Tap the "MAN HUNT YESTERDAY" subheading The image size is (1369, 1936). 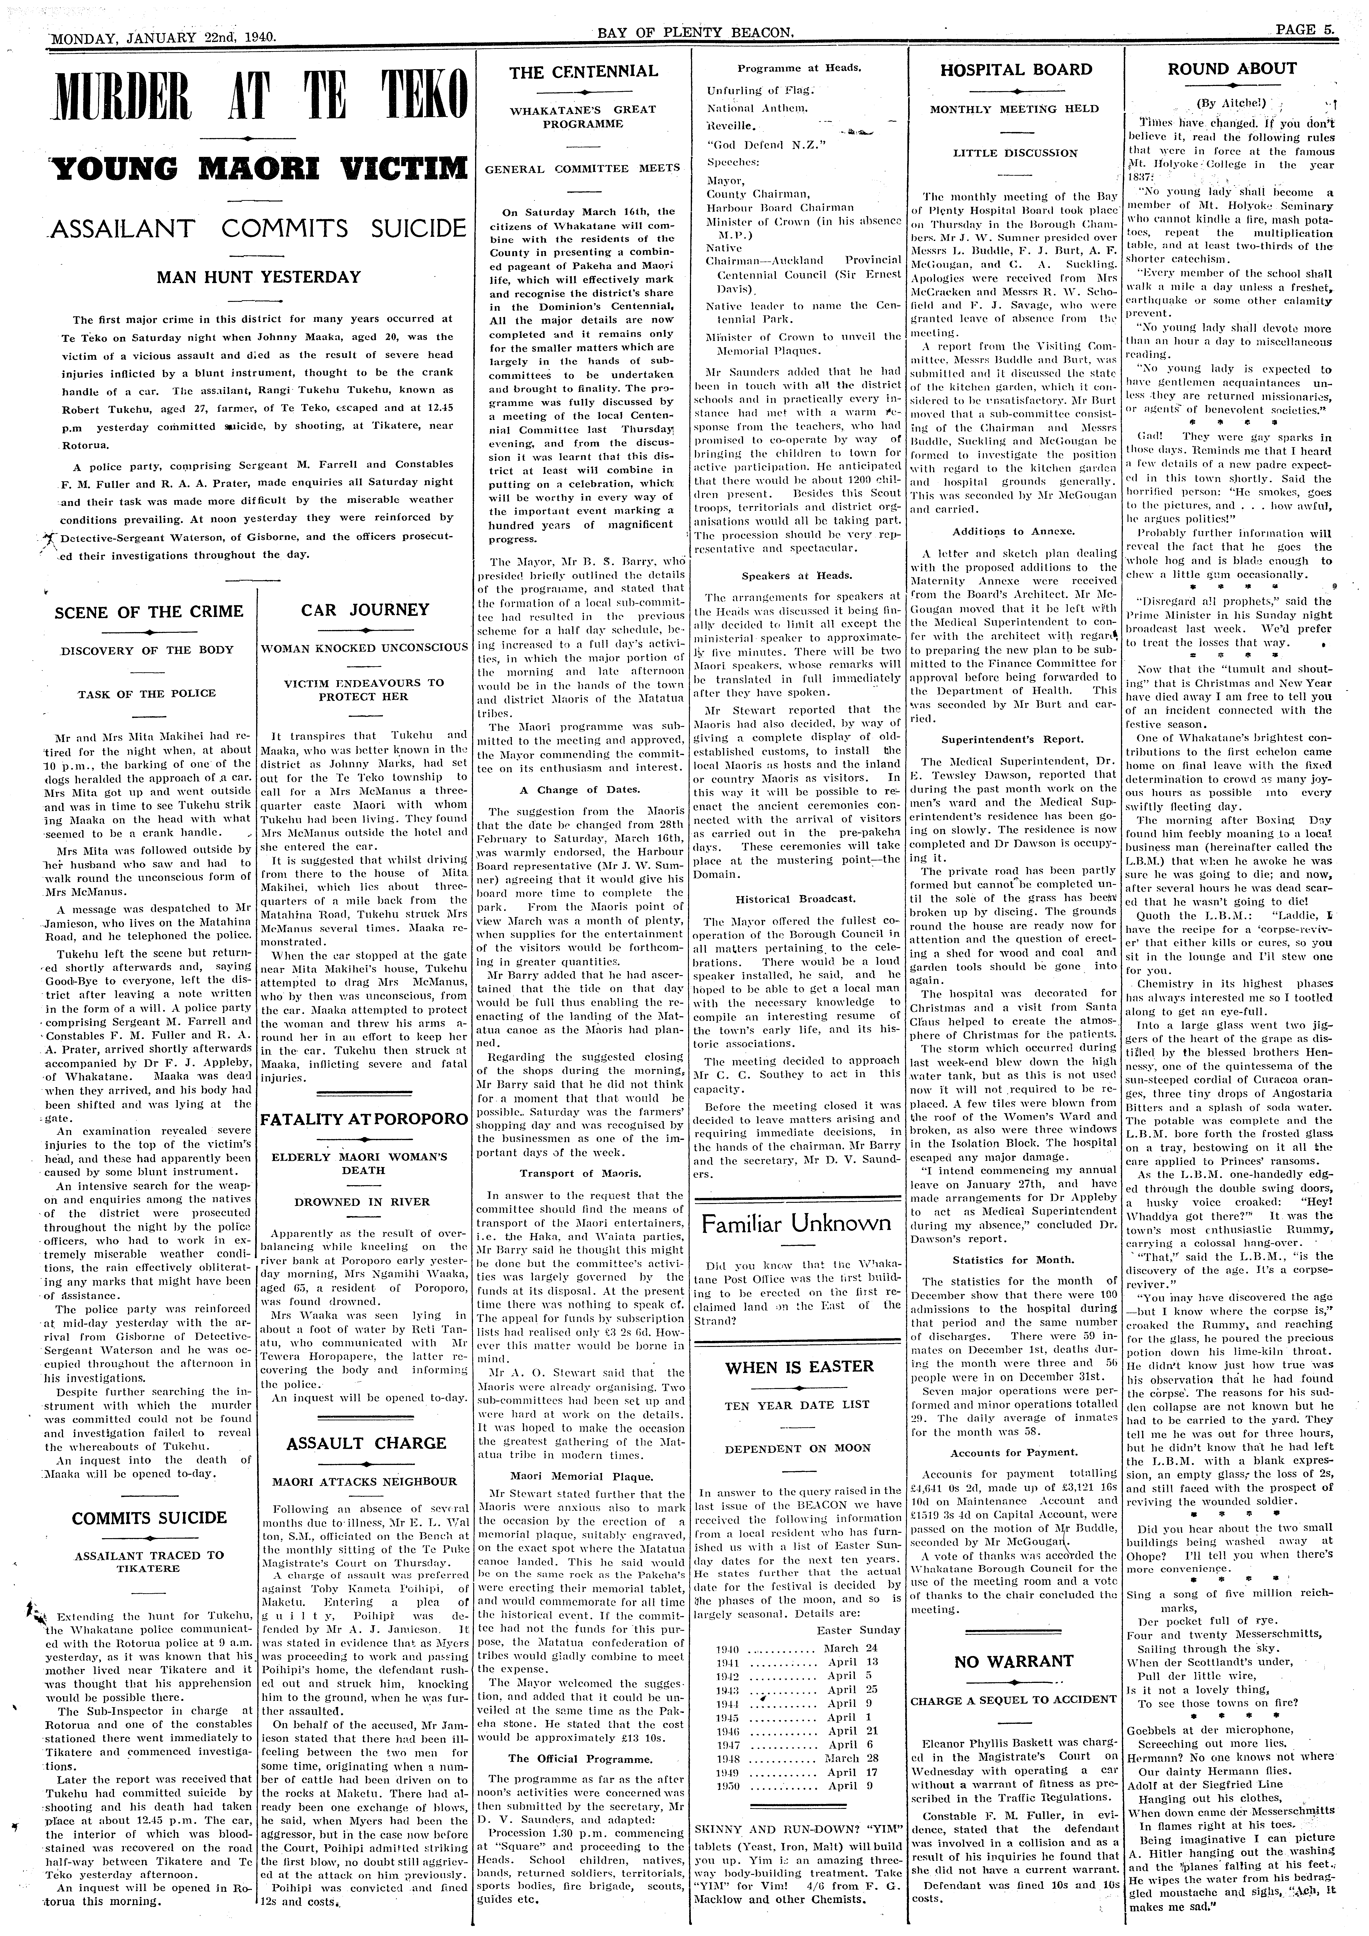point(259,277)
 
